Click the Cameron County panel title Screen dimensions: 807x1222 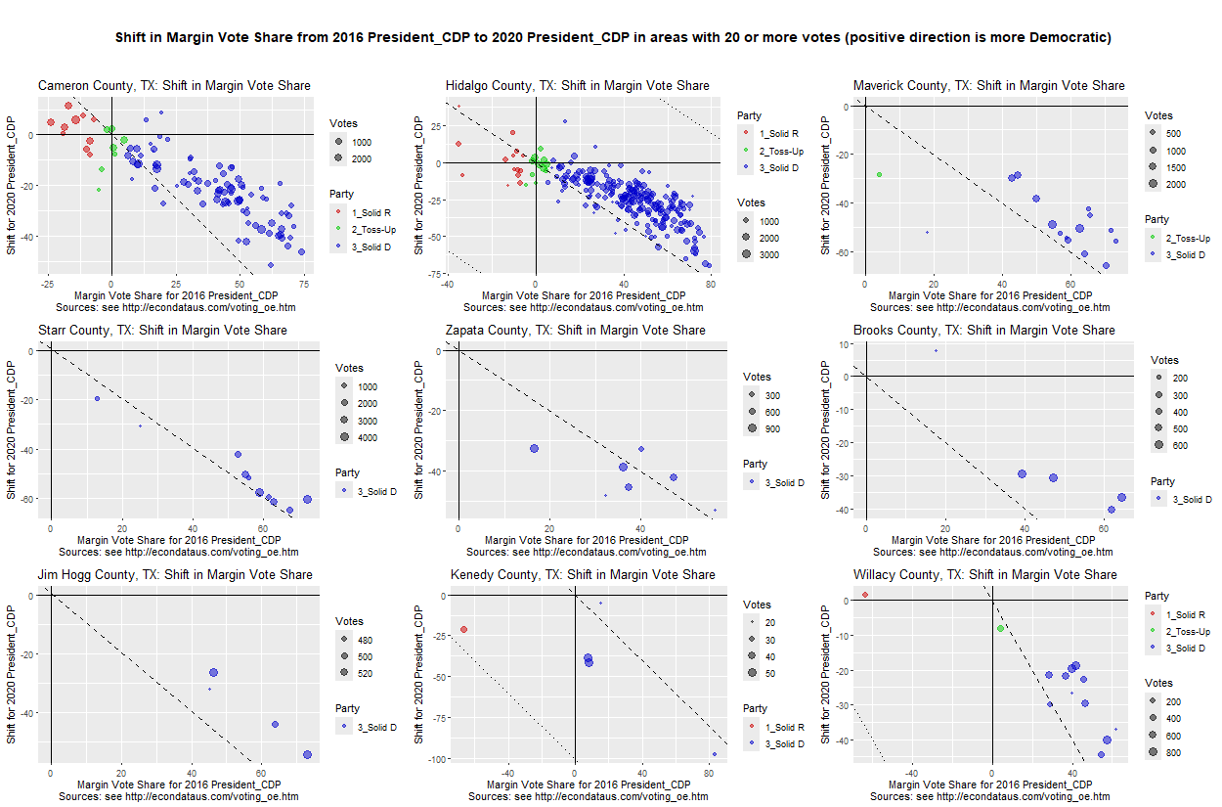click(x=174, y=86)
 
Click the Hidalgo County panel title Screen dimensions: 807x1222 click(x=577, y=86)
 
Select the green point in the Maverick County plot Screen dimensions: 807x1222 click(x=879, y=174)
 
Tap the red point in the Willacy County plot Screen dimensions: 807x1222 click(x=865, y=595)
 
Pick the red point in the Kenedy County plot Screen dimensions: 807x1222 click(x=464, y=630)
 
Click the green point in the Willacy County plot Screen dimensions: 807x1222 click(x=1000, y=628)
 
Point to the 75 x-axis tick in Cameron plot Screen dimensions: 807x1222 click(x=304, y=284)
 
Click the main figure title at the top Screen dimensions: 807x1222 click(x=620, y=38)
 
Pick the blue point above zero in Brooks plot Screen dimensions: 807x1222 click(x=936, y=350)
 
